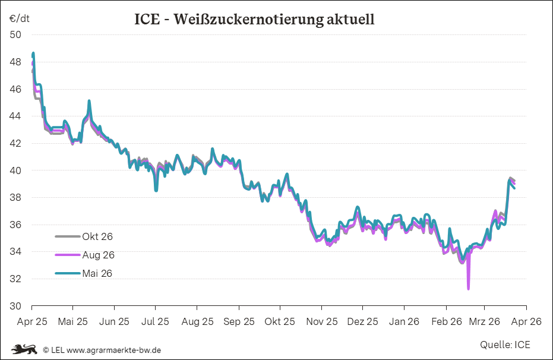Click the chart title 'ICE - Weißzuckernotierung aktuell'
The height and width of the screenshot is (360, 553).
pos(254,20)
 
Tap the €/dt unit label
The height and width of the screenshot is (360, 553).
pos(19,18)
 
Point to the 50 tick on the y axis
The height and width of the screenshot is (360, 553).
pos(15,34)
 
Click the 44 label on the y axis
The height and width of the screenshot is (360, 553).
pos(15,116)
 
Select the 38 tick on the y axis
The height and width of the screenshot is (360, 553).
pos(15,197)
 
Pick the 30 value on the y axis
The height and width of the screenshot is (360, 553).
pos(15,306)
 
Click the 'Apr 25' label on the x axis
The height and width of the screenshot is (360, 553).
pos(31,321)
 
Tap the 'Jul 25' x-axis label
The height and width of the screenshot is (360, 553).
pos(156,321)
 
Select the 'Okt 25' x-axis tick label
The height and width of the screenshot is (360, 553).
pos(280,321)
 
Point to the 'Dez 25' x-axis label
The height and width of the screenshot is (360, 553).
pos(362,321)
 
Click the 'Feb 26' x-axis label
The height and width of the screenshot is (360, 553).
pos(447,321)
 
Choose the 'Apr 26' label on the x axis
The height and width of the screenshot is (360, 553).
pos(526,321)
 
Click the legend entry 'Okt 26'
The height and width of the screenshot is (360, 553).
pos(97,236)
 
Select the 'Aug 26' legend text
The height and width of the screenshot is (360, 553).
pos(98,255)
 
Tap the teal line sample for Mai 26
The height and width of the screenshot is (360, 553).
pos(67,273)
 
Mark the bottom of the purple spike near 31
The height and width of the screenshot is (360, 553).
pos(468,289)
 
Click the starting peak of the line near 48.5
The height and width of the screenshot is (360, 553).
pos(33,54)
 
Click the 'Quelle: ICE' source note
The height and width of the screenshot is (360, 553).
pos(505,345)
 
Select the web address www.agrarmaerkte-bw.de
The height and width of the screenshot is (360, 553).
pos(113,350)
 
